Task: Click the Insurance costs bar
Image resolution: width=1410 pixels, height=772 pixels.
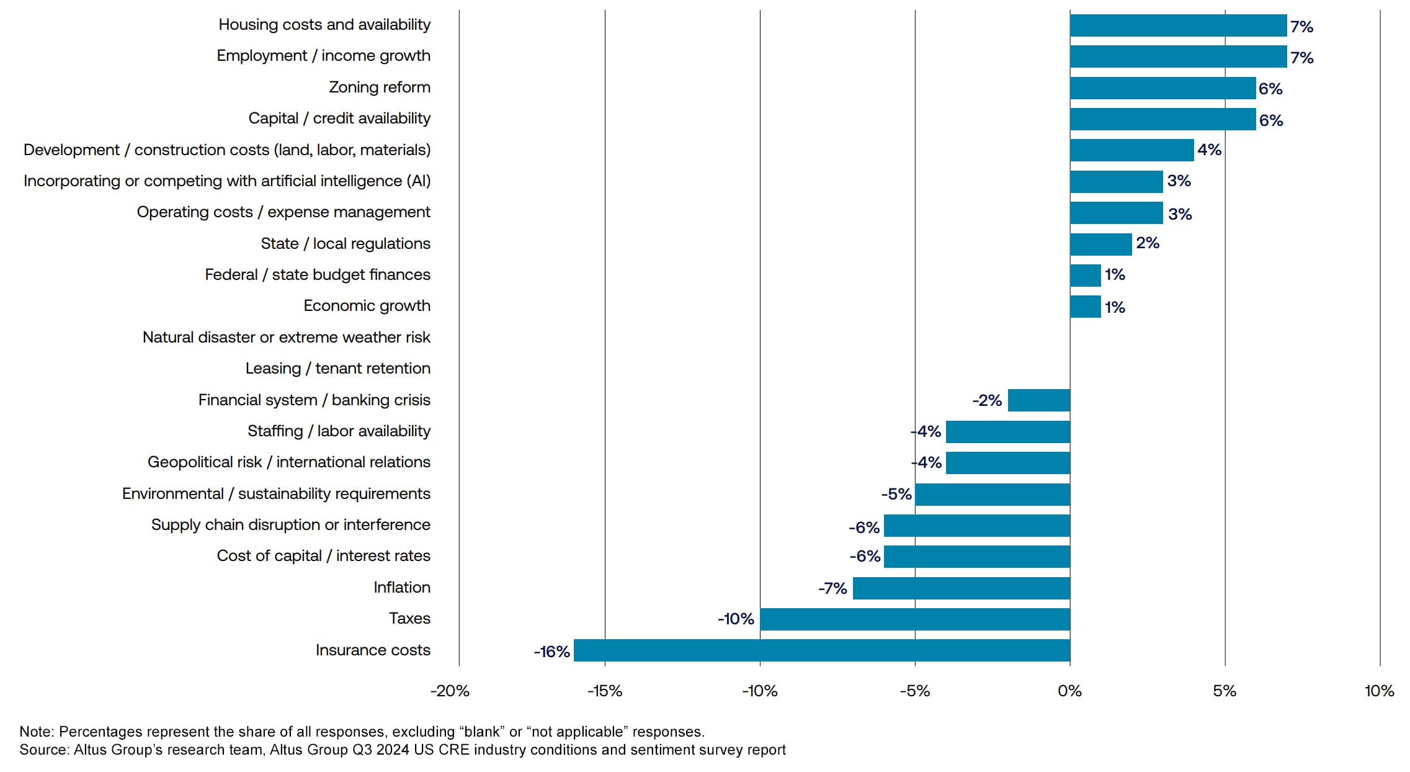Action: tap(821, 650)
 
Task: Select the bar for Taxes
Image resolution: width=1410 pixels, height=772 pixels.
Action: tap(914, 619)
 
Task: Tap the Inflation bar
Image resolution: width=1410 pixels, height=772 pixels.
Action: tap(961, 588)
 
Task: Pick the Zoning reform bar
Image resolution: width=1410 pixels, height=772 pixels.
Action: tap(1162, 88)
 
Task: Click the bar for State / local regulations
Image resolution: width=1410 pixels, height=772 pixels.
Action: tap(1100, 245)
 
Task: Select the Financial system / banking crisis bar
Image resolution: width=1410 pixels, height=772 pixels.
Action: tap(1038, 400)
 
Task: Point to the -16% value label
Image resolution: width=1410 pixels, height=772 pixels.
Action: tap(551, 652)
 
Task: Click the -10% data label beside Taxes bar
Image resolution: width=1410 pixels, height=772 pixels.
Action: tap(736, 619)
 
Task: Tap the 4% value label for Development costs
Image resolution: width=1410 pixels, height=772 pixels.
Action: tap(1209, 150)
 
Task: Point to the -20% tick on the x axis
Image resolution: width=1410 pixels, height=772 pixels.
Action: tap(450, 691)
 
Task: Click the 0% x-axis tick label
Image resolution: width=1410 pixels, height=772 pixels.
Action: tap(1069, 691)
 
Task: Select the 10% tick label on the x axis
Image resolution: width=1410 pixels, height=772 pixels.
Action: tap(1379, 691)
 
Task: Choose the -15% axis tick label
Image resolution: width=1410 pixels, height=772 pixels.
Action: tap(605, 691)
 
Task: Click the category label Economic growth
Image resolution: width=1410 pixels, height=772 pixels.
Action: tap(367, 306)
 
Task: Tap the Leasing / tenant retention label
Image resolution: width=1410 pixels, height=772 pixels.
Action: tap(337, 369)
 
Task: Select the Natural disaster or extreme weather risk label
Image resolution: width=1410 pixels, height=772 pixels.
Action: tap(286, 338)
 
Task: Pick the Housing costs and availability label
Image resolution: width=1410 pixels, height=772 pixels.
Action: tap(324, 25)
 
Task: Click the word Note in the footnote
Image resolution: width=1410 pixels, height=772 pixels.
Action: tap(37, 732)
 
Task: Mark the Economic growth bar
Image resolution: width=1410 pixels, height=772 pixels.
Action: tap(1085, 307)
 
